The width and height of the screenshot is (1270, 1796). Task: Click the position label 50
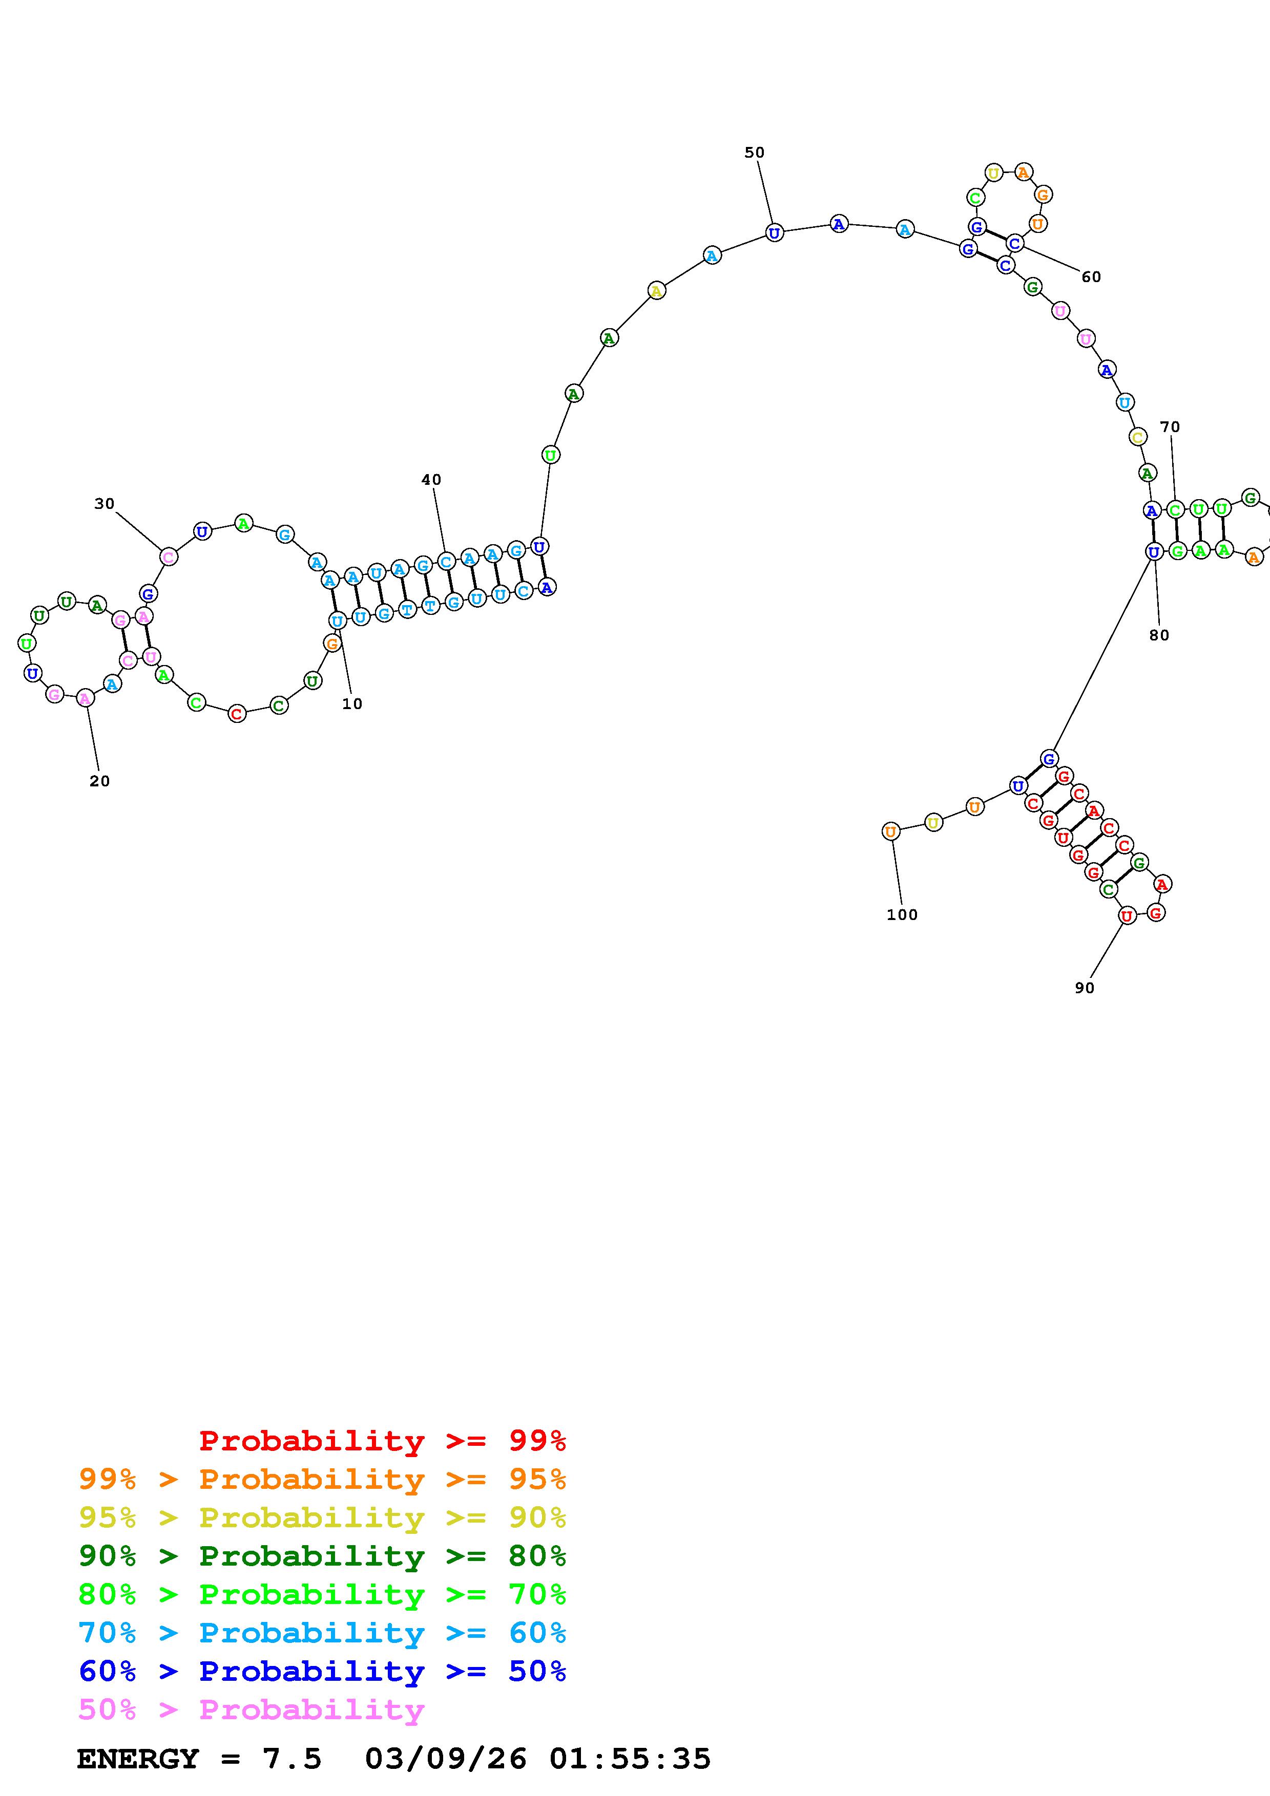point(754,153)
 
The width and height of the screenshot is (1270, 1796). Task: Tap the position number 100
point(902,914)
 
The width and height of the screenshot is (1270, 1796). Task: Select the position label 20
point(99,781)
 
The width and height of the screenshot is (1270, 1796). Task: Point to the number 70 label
point(1170,427)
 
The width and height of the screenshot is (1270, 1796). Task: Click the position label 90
point(1085,988)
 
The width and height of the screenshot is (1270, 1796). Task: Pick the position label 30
point(104,504)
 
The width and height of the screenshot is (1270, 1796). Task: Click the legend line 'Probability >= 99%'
point(383,1440)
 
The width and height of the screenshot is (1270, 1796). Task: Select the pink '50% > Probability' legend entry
point(251,1709)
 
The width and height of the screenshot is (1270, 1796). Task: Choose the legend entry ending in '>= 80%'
point(322,1556)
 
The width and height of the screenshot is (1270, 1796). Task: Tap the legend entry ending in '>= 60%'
point(322,1633)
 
